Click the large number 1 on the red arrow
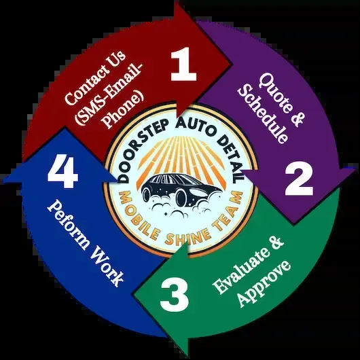[x=183, y=64]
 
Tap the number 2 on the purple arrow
[x=299, y=178]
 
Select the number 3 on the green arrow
[x=175, y=294]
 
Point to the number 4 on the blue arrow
[x=62, y=172]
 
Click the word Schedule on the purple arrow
[x=263, y=114]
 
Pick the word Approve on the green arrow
[x=264, y=284]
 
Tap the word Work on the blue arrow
[x=107, y=267]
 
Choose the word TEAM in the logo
[x=228, y=213]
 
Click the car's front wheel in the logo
[x=181, y=196]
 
